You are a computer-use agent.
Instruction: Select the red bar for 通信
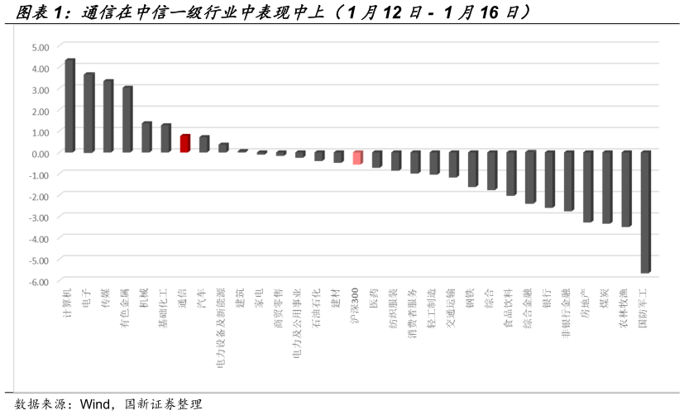pos(185,144)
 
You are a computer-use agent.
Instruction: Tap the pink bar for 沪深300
pos(357,158)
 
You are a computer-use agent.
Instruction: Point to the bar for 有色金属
pos(127,119)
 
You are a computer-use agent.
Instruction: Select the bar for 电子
pos(88,112)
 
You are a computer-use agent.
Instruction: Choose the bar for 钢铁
pos(472,169)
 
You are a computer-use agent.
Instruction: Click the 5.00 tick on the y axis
pos(40,47)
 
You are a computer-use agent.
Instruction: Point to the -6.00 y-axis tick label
pos(39,281)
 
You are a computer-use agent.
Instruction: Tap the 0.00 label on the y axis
pos(40,154)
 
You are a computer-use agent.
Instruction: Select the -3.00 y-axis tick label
pos(39,217)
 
